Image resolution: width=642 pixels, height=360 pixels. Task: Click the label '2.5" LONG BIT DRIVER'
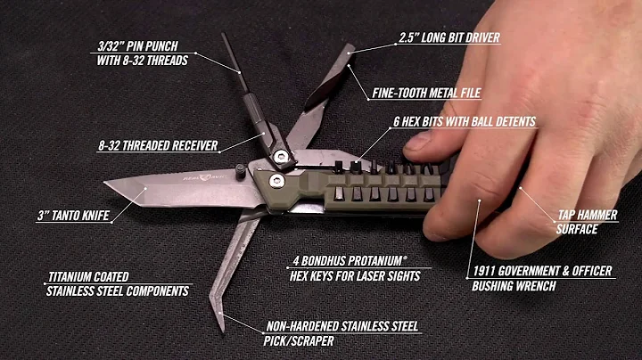(x=448, y=38)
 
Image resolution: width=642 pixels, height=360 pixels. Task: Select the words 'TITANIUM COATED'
(x=86, y=277)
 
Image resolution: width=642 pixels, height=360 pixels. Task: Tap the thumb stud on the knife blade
(x=243, y=168)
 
